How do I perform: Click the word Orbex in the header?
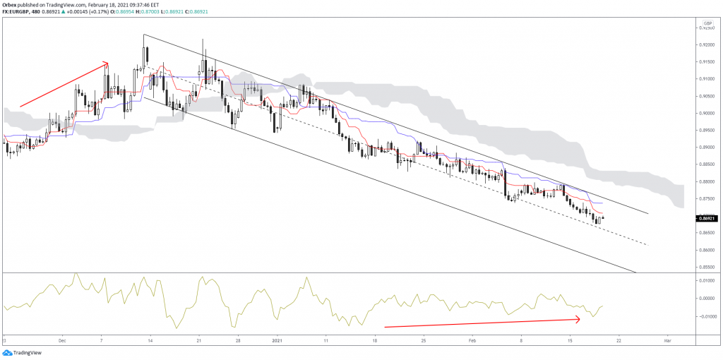(x=10, y=4)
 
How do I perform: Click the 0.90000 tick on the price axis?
(x=704, y=114)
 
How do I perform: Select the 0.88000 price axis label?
(x=704, y=181)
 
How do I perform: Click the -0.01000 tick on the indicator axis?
(x=704, y=316)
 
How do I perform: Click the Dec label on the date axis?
(x=62, y=340)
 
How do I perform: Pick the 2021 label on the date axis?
(x=277, y=340)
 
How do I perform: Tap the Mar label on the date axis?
(x=667, y=340)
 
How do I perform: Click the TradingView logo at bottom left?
(x=23, y=352)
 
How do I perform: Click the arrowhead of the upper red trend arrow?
(x=107, y=63)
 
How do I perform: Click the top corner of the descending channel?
(x=144, y=35)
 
